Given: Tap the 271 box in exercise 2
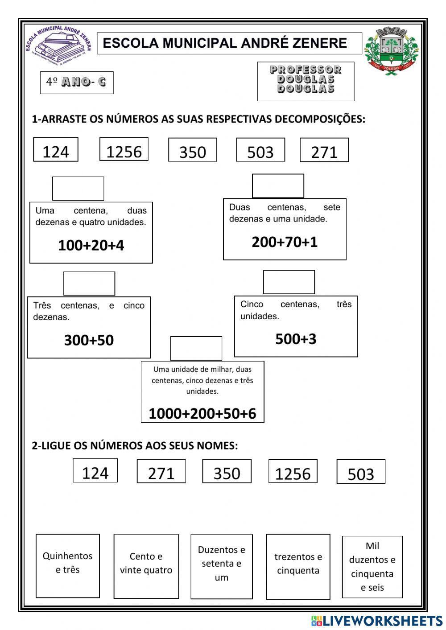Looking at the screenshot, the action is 161,472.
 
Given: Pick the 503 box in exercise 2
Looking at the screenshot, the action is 361,473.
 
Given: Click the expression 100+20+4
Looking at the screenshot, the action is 91,245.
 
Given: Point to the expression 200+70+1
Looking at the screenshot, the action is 285,242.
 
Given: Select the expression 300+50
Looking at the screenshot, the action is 89,340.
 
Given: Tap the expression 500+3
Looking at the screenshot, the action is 296,339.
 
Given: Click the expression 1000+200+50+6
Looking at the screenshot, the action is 202,413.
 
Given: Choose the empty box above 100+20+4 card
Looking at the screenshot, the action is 78,189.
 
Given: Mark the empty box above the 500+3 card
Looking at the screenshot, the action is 289,282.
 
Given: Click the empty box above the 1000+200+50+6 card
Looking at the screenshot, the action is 196,348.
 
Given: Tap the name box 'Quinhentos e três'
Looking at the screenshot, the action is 67,565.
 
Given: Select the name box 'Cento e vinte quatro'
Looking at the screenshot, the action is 146,565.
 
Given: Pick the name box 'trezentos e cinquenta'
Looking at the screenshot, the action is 298,566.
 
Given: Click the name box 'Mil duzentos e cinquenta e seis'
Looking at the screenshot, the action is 372,566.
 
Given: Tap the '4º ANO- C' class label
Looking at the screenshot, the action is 77,82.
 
